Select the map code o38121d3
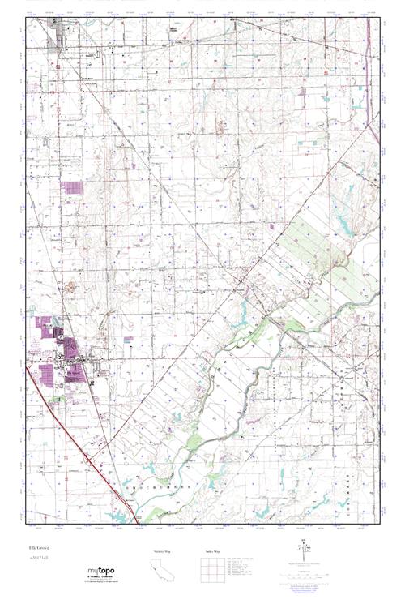pyautogui.click(x=37, y=557)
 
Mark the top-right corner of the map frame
pyautogui.click(x=380, y=19)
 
